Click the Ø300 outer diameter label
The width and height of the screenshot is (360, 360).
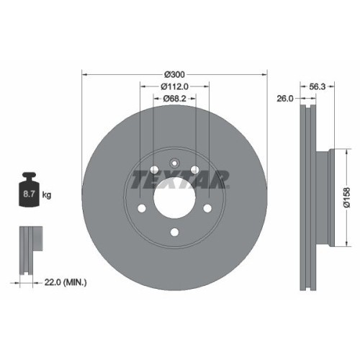coord(174,74)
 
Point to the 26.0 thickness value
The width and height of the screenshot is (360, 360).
coord(284,99)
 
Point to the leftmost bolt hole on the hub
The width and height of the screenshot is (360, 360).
coord(142,208)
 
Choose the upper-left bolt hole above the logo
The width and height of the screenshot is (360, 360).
coord(153,170)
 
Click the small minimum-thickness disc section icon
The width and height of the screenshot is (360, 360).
coord(30,249)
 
